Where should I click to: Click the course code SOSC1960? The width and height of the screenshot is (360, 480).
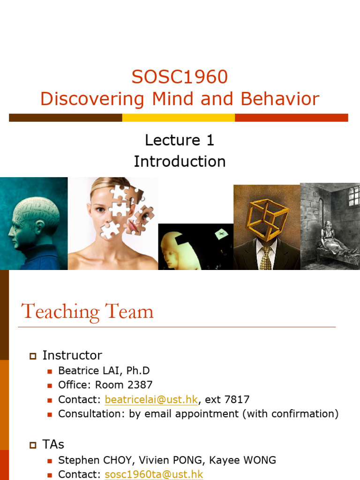(x=180, y=77)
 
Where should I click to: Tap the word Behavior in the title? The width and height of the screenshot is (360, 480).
(x=280, y=99)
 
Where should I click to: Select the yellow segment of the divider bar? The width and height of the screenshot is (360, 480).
(x=179, y=118)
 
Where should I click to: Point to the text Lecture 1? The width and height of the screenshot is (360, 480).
(x=180, y=140)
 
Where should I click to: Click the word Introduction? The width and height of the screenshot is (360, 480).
(x=180, y=161)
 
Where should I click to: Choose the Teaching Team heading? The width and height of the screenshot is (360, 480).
(x=88, y=312)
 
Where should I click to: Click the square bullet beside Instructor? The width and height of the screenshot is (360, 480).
(x=33, y=356)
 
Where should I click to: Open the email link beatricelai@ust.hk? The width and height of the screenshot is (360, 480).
(x=151, y=400)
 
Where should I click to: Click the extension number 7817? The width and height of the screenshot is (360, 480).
(x=237, y=400)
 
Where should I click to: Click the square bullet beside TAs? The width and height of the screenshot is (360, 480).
(x=33, y=444)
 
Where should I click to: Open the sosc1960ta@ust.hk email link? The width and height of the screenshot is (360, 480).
(x=154, y=474)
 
